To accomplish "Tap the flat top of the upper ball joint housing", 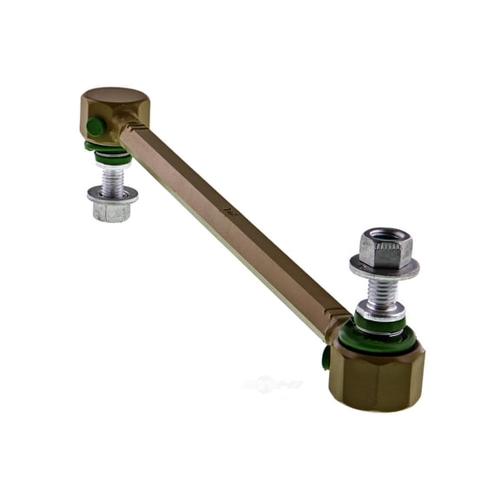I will click(115, 95).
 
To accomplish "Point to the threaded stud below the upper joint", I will click(112, 180).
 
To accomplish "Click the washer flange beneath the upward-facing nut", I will click(385, 266).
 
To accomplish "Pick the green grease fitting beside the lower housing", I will click(326, 356).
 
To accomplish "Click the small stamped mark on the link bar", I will click(229, 208).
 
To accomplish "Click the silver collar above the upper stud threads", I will click(113, 165).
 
